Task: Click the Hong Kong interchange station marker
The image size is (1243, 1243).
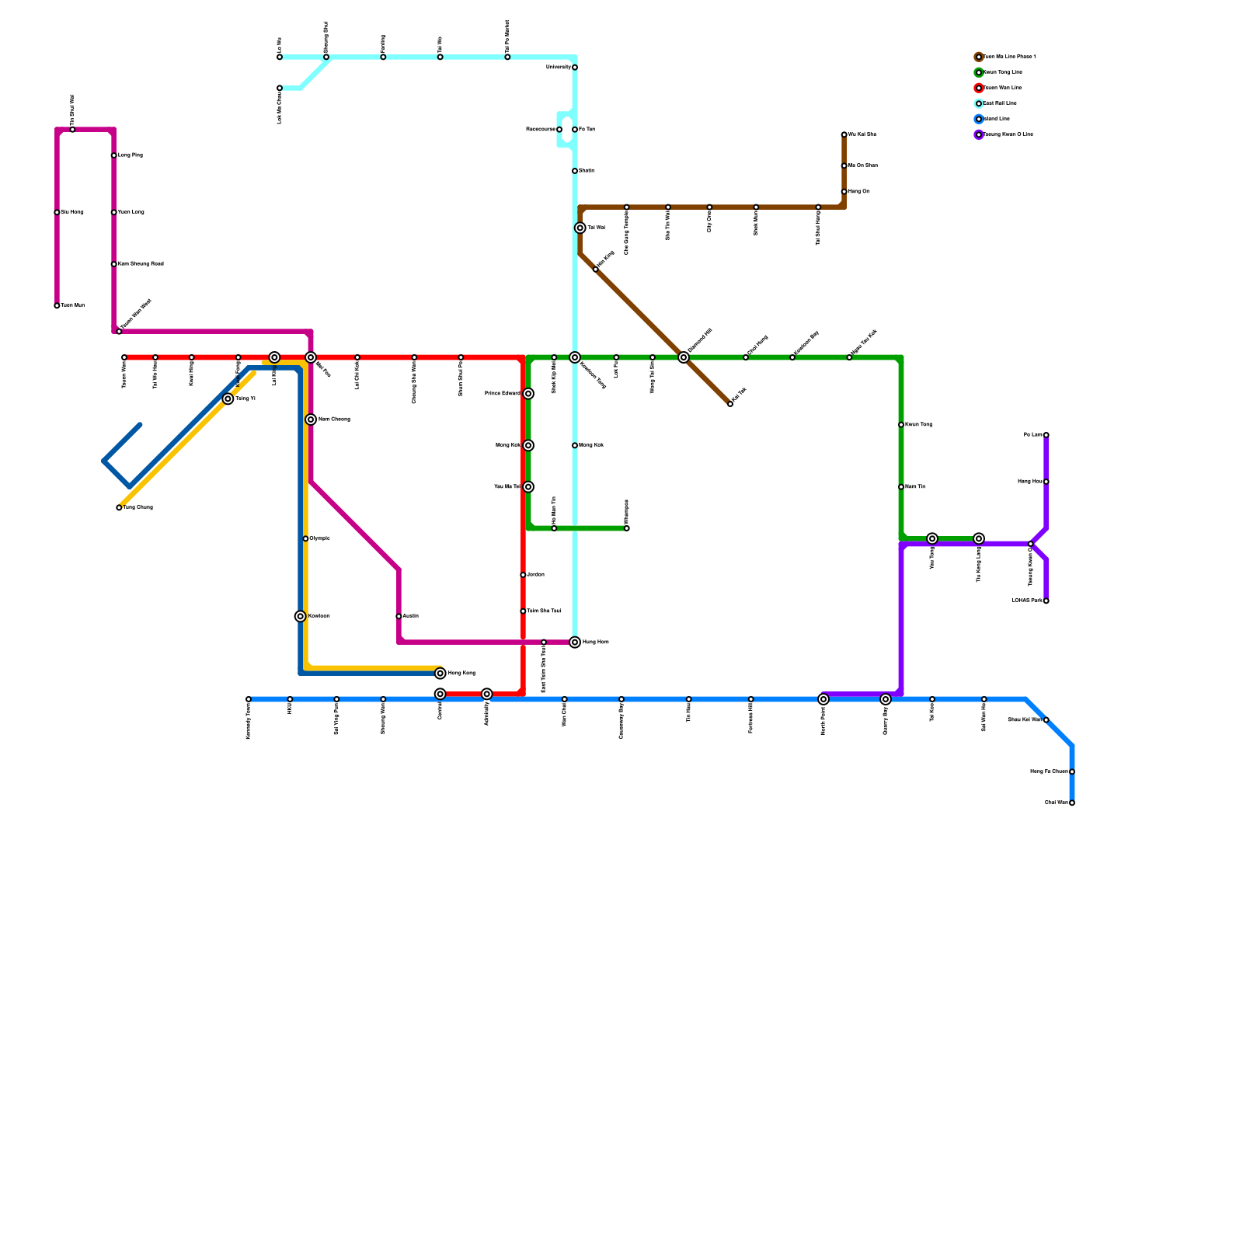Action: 440,674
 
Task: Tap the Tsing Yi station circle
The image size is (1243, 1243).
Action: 228,399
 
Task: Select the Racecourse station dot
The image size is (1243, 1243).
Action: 559,130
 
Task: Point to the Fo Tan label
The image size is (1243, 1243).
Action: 587,130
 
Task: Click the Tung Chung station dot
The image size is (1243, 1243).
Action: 119,508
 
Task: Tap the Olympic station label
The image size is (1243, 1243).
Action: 320,538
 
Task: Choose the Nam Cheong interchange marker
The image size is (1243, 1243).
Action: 311,420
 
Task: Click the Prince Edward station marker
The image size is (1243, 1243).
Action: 528,394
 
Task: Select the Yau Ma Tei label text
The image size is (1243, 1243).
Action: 507,487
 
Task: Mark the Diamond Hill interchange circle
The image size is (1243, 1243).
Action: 684,357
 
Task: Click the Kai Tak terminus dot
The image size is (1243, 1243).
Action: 730,404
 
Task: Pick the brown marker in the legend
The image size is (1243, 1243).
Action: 979,57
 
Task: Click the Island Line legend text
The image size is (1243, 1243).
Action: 997,119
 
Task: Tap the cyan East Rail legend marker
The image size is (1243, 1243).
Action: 979,103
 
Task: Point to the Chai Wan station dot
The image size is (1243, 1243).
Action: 1072,803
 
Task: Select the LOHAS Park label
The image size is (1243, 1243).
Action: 1026,601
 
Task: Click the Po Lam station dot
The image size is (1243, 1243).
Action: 1046,435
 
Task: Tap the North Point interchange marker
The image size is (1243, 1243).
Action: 823,700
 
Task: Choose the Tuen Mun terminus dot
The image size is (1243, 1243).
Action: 57,306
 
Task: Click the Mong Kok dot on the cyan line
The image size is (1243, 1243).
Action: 575,446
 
